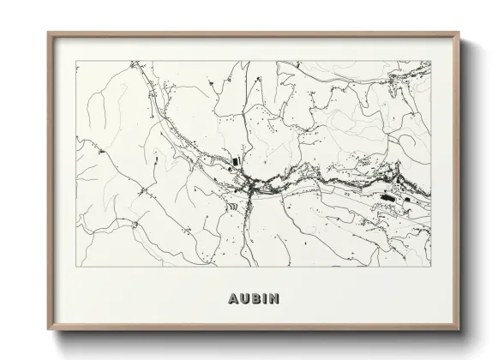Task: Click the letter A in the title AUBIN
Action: pyautogui.click(x=235, y=299)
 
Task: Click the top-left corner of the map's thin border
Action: pyautogui.click(x=76, y=62)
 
